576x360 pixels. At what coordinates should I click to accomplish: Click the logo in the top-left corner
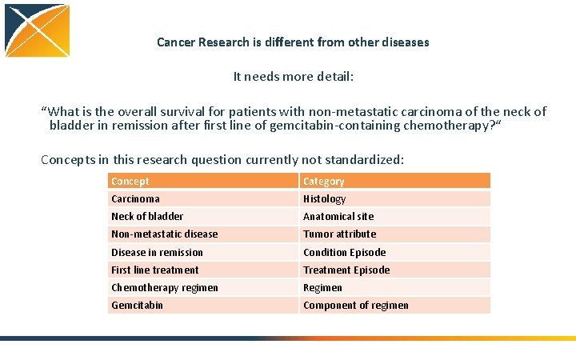37,30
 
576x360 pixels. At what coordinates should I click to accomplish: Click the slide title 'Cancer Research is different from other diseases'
293,42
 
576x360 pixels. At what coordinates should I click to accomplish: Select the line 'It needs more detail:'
293,77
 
